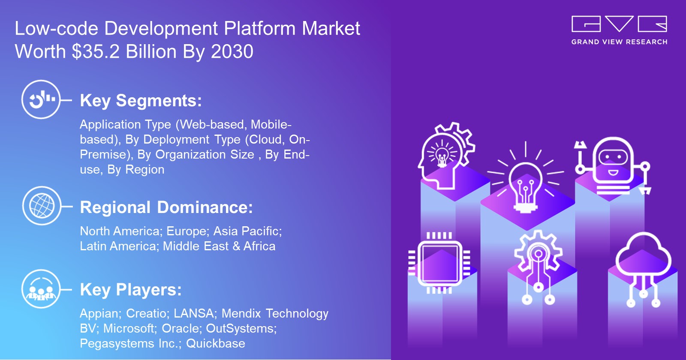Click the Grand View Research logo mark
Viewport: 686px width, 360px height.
(x=619, y=24)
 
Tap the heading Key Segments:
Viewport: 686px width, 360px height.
(x=141, y=101)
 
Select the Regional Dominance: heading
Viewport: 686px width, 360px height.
(x=166, y=207)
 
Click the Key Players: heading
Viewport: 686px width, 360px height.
(x=131, y=290)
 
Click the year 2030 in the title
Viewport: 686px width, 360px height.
(x=232, y=52)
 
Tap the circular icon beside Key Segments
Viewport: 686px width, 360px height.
(x=41, y=99)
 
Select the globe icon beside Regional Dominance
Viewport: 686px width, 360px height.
(x=42, y=206)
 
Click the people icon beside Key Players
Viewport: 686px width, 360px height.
(x=41, y=289)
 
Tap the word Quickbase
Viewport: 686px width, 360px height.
(x=216, y=344)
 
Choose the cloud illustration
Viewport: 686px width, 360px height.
(x=643, y=261)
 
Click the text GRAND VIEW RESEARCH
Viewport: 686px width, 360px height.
(x=619, y=42)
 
